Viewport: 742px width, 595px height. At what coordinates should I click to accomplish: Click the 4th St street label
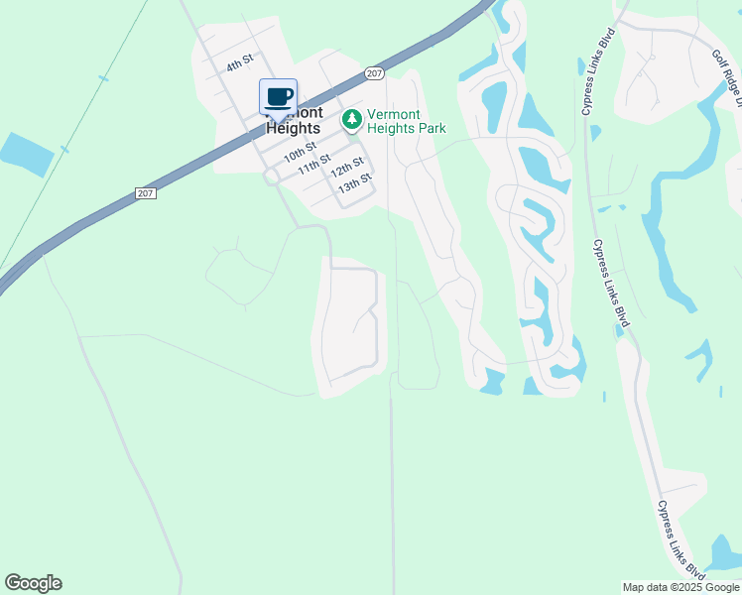tap(240, 63)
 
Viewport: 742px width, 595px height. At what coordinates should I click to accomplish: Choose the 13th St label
tap(354, 182)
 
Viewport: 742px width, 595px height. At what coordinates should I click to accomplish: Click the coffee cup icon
tap(278, 97)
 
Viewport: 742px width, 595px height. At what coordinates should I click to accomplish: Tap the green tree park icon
tap(351, 120)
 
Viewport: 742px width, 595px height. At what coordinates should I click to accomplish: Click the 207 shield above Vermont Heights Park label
tap(373, 73)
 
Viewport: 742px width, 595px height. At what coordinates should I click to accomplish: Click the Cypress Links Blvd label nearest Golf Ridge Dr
tap(599, 71)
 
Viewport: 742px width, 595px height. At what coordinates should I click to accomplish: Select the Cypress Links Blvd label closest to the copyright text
tap(680, 539)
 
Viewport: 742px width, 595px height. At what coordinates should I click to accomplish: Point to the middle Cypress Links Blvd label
tap(611, 283)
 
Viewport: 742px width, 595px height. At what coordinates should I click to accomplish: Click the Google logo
tap(33, 583)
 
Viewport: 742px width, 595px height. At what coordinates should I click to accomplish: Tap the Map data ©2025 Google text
tap(680, 587)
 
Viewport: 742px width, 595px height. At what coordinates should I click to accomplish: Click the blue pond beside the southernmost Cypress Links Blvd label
tap(724, 551)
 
